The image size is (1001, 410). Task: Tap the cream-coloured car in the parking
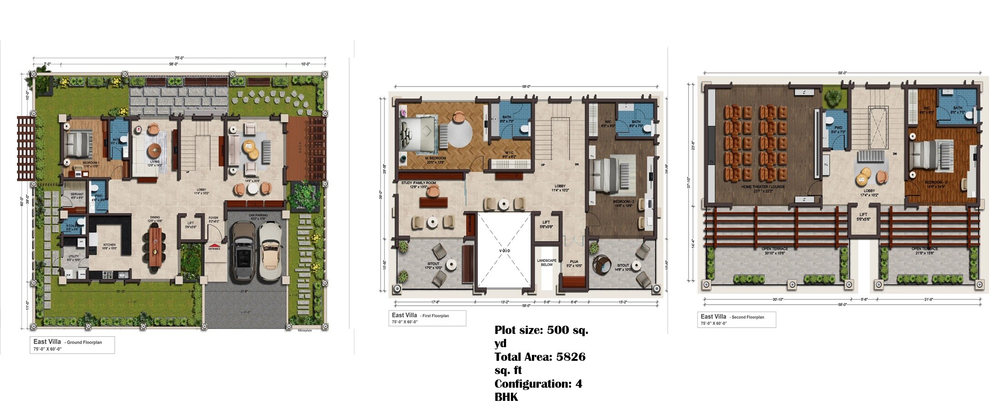tap(271, 252)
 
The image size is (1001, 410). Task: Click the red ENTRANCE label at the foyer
tap(214, 248)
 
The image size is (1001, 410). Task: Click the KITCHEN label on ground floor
tap(109, 245)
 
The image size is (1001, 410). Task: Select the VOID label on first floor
tap(505, 251)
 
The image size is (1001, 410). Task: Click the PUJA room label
tap(574, 262)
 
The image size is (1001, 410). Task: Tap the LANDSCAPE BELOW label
tap(546, 262)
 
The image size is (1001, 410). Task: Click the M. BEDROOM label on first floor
tap(435, 158)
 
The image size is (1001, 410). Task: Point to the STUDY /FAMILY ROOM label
tap(419, 183)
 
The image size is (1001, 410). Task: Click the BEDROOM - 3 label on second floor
tap(936, 182)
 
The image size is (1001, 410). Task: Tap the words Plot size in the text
tap(519, 330)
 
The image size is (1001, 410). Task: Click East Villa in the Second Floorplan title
tap(713, 317)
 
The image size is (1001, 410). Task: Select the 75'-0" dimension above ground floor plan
tap(179, 58)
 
